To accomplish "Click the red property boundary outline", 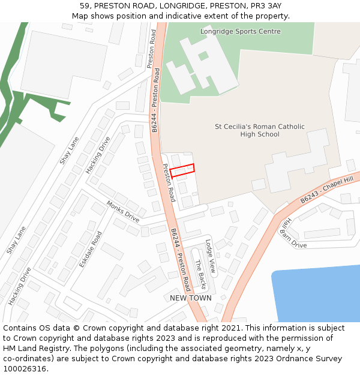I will coord(182,170).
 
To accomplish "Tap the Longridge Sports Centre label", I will coord(240,31).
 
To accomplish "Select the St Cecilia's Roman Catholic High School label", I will coord(260,130).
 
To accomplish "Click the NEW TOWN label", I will coord(191,298).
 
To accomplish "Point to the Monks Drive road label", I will coord(123,212).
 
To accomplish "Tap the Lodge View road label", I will coord(210,256).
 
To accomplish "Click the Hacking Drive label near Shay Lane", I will coord(98,155).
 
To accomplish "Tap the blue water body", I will coord(318,294).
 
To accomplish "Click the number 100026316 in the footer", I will coord(26,368).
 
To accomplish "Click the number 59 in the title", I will coord(84,6).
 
